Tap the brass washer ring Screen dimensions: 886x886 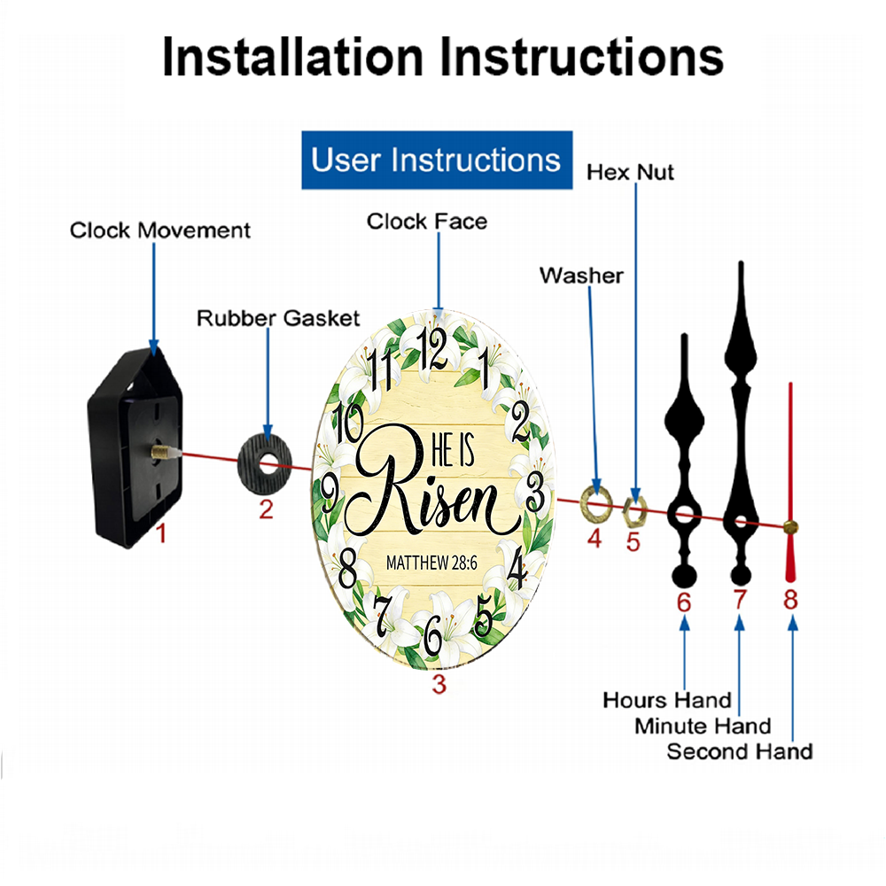(596, 502)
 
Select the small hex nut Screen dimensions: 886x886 (634, 511)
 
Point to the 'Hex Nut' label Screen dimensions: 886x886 (630, 173)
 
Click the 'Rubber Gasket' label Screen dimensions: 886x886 (278, 318)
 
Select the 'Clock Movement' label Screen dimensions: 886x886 (159, 230)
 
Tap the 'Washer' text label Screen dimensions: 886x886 (581, 276)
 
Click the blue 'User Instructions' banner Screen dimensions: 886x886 (437, 159)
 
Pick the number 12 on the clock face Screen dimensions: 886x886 (431, 348)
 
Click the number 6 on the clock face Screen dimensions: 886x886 (433, 635)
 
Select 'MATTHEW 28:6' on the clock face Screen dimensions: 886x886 (431, 563)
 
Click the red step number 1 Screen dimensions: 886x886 (161, 533)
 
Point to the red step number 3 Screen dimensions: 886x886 (439, 684)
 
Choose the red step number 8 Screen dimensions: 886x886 (790, 600)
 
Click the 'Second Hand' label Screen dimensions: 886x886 (740, 751)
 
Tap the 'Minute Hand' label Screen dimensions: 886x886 (703, 727)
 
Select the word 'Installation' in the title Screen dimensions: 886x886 (292, 57)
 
